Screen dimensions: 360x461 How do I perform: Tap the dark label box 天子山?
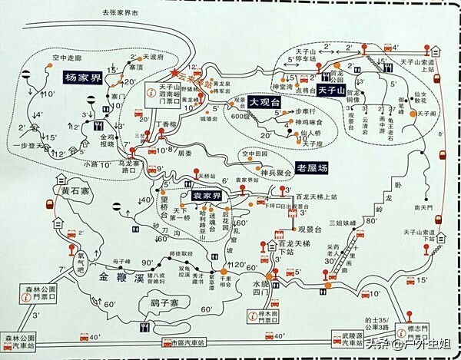click(333, 90)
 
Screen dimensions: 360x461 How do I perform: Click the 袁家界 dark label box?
click(206, 196)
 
